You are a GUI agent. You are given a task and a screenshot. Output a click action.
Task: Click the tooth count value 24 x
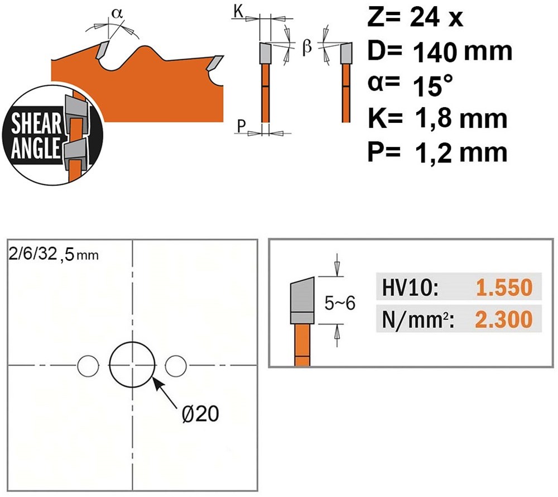pos(436,18)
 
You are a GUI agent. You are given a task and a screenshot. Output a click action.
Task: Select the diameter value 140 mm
pos(463,52)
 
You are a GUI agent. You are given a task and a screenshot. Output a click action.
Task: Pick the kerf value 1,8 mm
pos(461,119)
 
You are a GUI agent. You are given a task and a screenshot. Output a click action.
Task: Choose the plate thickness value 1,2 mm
pos(461,152)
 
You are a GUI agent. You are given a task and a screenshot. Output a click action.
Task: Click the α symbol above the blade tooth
pos(115,13)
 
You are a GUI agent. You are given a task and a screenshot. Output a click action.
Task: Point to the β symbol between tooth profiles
pos(306,47)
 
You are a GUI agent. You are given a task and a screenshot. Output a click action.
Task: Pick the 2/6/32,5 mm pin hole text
pos(52,255)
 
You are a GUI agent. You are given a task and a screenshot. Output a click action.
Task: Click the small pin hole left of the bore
pos(86,365)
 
